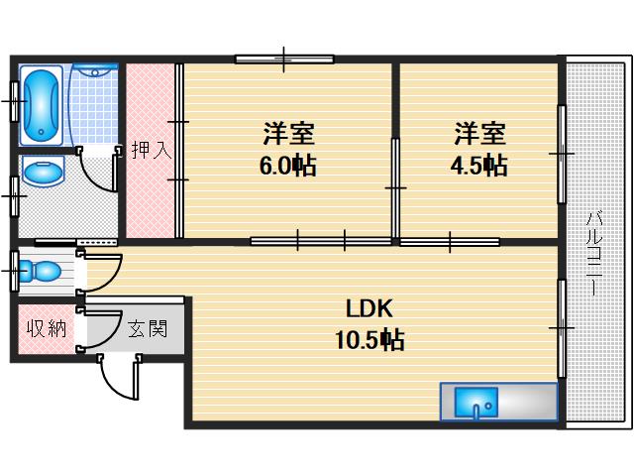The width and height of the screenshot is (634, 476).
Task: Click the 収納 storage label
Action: (x=46, y=328)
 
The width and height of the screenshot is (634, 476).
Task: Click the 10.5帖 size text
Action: (x=369, y=341)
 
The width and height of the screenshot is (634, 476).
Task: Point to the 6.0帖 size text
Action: (x=287, y=167)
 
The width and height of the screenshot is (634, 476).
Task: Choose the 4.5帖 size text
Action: (x=479, y=167)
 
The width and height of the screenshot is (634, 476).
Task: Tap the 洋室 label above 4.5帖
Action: (x=479, y=133)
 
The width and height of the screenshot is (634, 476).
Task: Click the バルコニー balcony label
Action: (x=595, y=253)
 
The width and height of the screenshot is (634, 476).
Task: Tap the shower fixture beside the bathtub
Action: (x=95, y=71)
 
